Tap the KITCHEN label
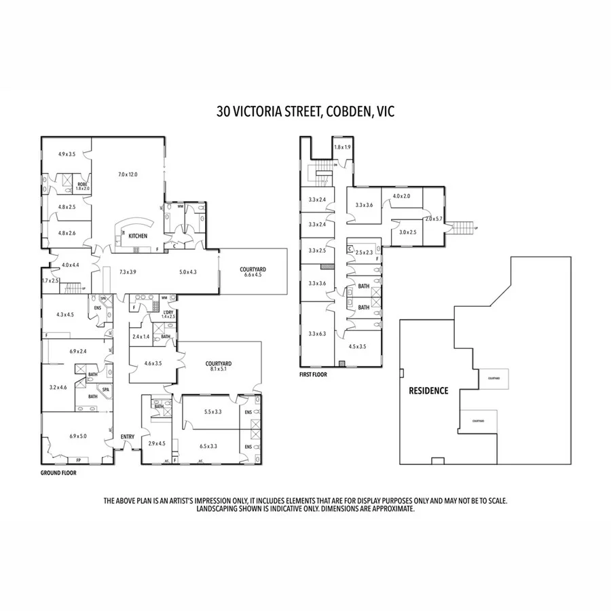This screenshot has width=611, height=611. pos(138,236)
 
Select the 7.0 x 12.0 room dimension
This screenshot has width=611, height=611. pos(128,174)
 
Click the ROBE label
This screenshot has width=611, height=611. pos(82,184)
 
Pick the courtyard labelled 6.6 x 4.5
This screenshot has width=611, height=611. pos(253,272)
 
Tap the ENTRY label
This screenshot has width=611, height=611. pos(128,437)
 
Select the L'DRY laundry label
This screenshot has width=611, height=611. pos(168,313)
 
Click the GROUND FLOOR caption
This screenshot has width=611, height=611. pos(58,473)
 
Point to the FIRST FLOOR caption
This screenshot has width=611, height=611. pos(314,374)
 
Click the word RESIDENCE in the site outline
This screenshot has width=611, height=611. pos(428,390)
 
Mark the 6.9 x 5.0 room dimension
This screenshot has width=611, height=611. pos(77,436)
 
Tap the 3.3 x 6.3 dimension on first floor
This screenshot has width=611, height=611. pos(317,333)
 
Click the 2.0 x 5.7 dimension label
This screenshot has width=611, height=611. pos(433,219)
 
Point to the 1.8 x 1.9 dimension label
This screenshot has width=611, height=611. pos(341,147)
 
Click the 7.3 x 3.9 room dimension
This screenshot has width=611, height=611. pos(128,272)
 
